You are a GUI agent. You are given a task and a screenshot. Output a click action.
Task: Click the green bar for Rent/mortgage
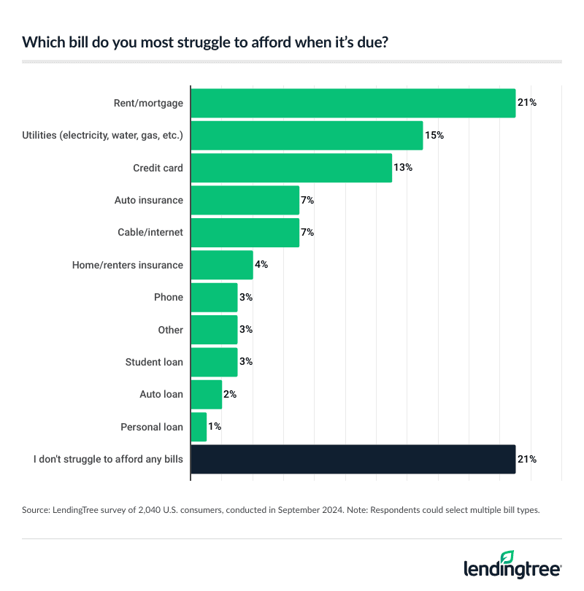[353, 103]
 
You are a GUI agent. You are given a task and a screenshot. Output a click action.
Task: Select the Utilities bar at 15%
[307, 136]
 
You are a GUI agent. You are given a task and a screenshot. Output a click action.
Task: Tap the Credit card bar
[291, 168]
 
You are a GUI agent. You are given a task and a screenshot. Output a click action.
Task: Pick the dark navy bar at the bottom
[353, 460]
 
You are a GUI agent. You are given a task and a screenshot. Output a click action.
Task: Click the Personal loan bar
[199, 427]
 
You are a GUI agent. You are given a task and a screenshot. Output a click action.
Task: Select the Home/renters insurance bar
[222, 265]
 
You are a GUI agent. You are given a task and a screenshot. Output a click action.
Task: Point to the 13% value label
[403, 168]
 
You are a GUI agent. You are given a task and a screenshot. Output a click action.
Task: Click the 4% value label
[261, 265]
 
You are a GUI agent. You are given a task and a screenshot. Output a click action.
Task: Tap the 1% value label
[215, 427]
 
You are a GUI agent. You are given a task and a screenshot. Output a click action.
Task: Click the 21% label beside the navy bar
[527, 460]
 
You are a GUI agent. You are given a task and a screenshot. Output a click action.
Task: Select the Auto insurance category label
[149, 200]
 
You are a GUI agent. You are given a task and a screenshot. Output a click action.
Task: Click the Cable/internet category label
[150, 233]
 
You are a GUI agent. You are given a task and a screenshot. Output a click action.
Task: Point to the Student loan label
[154, 362]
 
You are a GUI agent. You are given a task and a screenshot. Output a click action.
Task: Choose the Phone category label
[169, 298]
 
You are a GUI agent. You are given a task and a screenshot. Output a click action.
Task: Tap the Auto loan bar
[206, 395]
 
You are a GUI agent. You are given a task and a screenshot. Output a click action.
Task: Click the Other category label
[171, 330]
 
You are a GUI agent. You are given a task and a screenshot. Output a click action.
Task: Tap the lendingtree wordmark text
[511, 570]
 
